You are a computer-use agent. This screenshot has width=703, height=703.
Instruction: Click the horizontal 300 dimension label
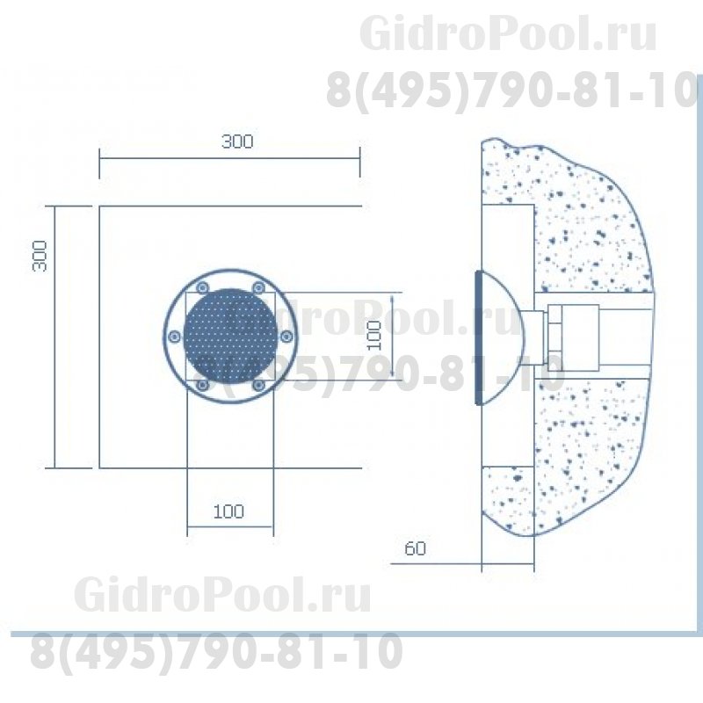[237, 141]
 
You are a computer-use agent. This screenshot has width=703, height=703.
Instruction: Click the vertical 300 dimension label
[40, 256]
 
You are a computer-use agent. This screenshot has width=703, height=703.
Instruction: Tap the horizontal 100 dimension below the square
[228, 511]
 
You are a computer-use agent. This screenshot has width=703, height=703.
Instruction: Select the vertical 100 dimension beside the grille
[374, 336]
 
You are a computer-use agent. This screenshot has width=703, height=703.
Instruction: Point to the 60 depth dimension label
[415, 548]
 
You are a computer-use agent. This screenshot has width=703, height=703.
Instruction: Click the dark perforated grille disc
[230, 336]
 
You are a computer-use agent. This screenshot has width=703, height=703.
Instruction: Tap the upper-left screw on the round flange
[203, 287]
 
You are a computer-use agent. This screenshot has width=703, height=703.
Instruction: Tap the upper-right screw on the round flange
[258, 287]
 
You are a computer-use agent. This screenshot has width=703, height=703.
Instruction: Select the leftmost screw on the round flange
[174, 337]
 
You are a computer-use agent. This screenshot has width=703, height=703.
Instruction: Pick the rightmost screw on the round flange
[286, 337]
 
